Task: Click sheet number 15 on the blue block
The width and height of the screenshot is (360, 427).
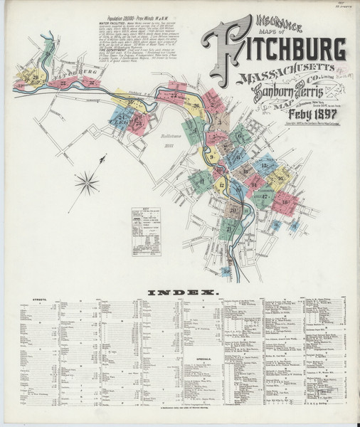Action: [265, 165]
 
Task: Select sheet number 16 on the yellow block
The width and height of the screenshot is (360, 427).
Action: [281, 178]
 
